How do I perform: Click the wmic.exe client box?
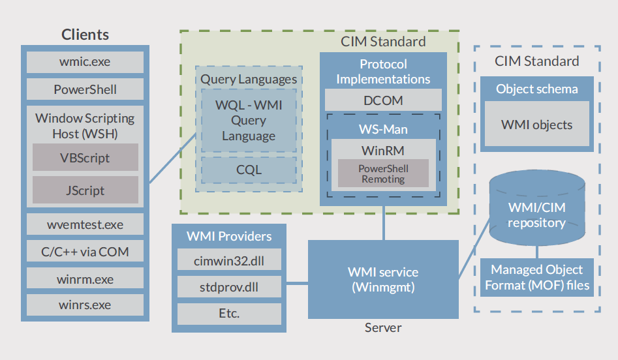coord(85,63)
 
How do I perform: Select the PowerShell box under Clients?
coord(85,89)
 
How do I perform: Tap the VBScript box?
coord(85,158)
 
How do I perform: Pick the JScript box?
coord(85,191)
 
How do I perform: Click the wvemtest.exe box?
coord(85,225)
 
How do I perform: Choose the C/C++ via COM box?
coord(85,252)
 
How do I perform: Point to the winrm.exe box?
coord(85,279)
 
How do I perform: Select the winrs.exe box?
coord(85,305)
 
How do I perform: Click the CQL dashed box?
coord(249,170)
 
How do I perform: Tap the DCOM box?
coord(383,100)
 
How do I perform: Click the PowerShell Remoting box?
coord(383,173)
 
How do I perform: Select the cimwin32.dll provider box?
coord(229,261)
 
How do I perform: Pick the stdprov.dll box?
coord(229,287)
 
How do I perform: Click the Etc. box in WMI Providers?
coord(229,313)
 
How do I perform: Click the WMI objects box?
coord(536,124)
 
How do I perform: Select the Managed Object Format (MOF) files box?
coord(536,277)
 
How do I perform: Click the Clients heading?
coord(85,35)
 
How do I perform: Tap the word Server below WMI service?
coord(383,327)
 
